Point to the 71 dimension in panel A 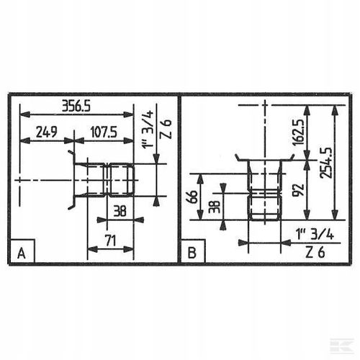tap(109, 240)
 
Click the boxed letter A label tap(22, 253)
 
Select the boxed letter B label tap(191, 253)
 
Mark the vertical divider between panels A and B tap(179, 180)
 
